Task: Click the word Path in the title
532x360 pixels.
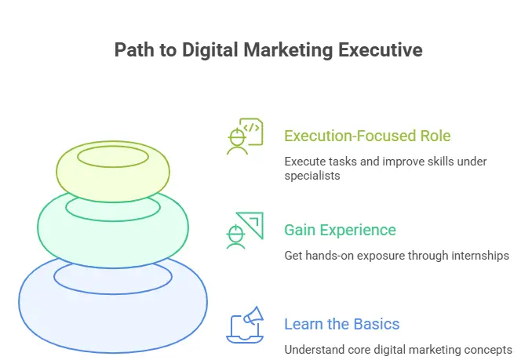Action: [x=133, y=50]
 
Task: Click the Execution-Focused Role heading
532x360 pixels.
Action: [x=367, y=136]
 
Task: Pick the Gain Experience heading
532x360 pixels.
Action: [x=340, y=230]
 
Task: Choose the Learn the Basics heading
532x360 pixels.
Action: [x=341, y=324]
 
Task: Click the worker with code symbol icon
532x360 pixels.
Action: [x=244, y=137]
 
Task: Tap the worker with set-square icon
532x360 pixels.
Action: [x=244, y=231]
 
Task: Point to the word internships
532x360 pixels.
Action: [x=476, y=256]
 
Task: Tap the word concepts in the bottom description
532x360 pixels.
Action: [x=486, y=349]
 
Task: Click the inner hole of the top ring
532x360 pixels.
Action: [x=113, y=157]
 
